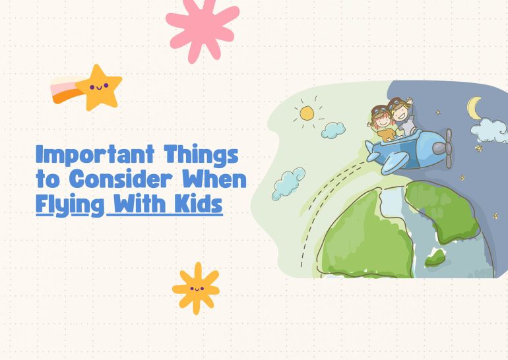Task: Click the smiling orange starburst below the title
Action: pyautogui.click(x=195, y=288)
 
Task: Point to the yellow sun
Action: pyautogui.click(x=307, y=113)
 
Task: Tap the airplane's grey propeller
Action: pyautogui.click(x=447, y=147)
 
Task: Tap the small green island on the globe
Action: pyautogui.click(x=435, y=257)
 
